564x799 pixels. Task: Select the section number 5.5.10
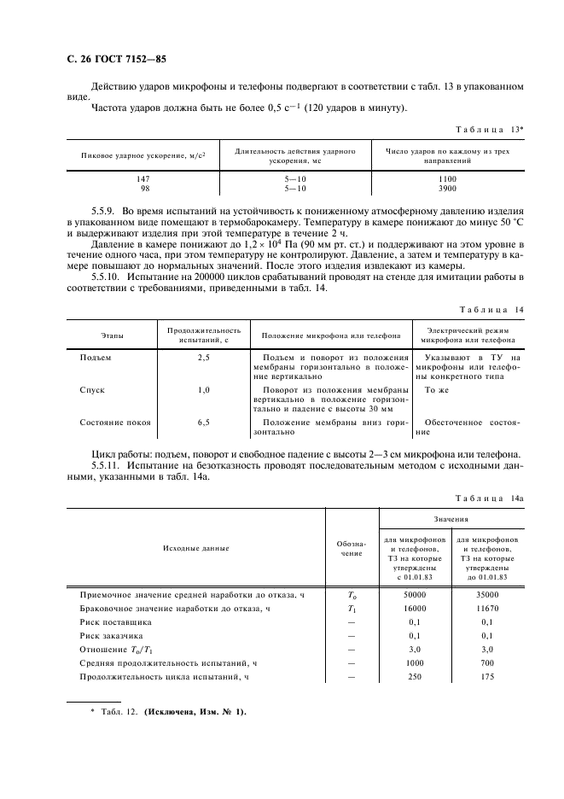[107, 277]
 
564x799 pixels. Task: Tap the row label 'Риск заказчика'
[112, 636]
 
